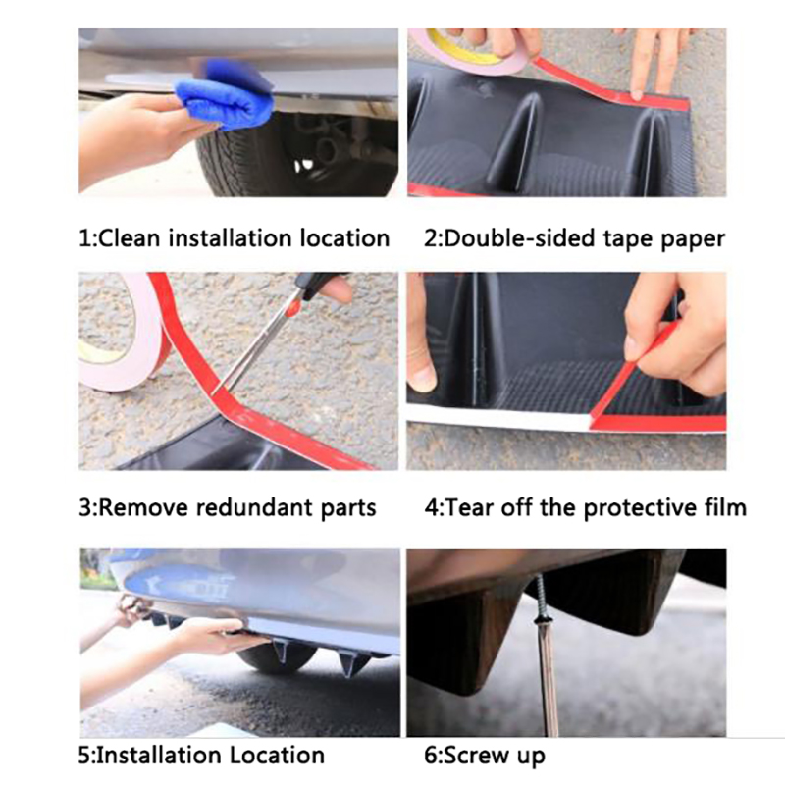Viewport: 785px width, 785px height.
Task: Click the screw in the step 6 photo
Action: coord(541,601)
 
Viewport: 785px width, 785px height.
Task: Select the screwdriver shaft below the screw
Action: coord(549,681)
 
